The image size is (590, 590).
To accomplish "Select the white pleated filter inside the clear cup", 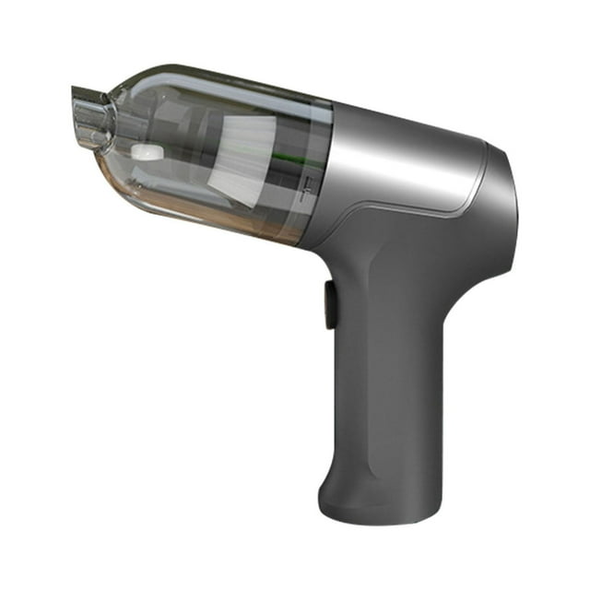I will coord(244,161).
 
